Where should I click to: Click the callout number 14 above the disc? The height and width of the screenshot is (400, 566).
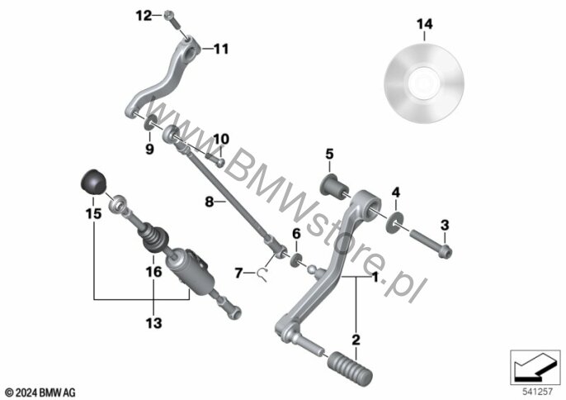point(424,24)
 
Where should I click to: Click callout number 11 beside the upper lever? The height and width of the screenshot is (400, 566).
point(221,49)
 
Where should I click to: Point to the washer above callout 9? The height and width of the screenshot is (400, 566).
point(150,123)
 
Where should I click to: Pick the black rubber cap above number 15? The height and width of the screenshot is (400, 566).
point(92,182)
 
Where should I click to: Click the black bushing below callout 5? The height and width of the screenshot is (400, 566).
point(335,187)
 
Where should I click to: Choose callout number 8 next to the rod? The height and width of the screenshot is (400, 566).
point(210,202)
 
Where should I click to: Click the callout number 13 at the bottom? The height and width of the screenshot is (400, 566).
point(153,323)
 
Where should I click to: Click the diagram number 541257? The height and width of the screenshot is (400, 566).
point(538,391)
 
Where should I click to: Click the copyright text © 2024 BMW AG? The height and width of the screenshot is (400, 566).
point(40,393)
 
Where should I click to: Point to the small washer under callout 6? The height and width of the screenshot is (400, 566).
point(296,260)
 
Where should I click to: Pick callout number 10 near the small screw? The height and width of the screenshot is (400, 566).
point(221,139)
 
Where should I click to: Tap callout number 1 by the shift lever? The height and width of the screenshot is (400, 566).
point(375,278)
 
